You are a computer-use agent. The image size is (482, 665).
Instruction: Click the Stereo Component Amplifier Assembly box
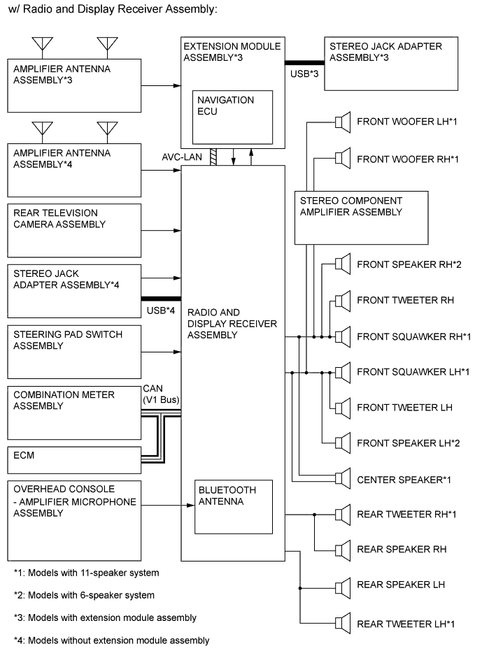click(x=360, y=217)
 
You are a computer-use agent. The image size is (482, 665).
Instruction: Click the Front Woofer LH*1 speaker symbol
click(x=342, y=122)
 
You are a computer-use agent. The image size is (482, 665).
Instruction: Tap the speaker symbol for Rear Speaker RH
click(x=342, y=549)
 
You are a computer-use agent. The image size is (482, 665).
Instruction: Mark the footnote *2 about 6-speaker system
click(x=84, y=595)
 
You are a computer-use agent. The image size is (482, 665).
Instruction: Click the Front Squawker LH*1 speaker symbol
click(x=342, y=372)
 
